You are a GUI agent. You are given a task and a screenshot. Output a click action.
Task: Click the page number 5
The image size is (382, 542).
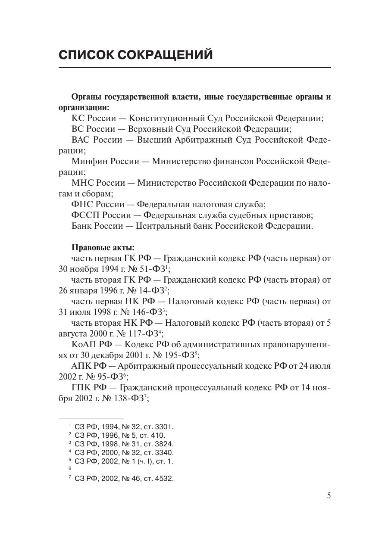point(329,495)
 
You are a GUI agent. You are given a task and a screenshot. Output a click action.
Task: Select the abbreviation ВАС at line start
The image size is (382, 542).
point(81,140)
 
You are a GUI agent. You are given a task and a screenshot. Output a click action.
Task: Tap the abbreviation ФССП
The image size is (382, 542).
point(83,215)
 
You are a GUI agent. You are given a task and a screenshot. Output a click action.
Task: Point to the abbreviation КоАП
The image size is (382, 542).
point(84,345)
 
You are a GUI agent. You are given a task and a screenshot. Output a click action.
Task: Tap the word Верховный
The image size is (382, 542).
point(150,129)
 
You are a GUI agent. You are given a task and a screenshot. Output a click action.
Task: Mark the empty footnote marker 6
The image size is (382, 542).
point(70,468)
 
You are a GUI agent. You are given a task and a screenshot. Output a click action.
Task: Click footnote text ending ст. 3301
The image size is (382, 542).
point(124,427)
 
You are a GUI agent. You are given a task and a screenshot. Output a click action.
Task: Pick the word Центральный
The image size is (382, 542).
point(162,226)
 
